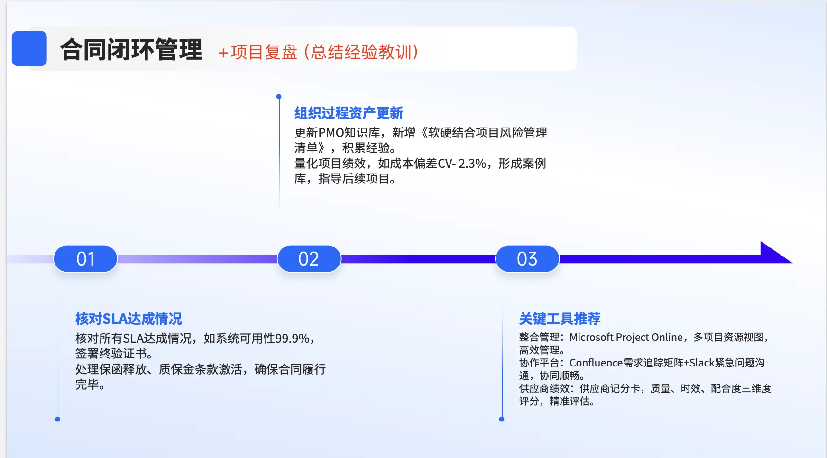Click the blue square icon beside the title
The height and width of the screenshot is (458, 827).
[29, 48]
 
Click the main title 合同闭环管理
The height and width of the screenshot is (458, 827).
[131, 50]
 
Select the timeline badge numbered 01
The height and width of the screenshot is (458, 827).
[85, 259]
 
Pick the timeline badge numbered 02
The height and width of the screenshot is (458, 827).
[309, 259]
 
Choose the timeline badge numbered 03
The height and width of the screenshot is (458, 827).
[527, 259]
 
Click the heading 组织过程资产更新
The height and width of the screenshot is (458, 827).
[349, 113]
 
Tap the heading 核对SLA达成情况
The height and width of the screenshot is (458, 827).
[129, 319]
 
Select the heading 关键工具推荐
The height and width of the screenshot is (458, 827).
[560, 319]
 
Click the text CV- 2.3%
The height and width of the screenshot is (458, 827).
[462, 164]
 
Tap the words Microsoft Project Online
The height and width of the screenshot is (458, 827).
[626, 337]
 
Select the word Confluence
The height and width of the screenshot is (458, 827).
[596, 363]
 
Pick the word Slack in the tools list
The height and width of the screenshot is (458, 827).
[702, 363]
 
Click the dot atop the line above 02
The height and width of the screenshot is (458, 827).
[279, 97]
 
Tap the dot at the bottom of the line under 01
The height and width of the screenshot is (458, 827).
[58, 419]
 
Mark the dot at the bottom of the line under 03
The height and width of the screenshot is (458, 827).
[502, 419]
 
